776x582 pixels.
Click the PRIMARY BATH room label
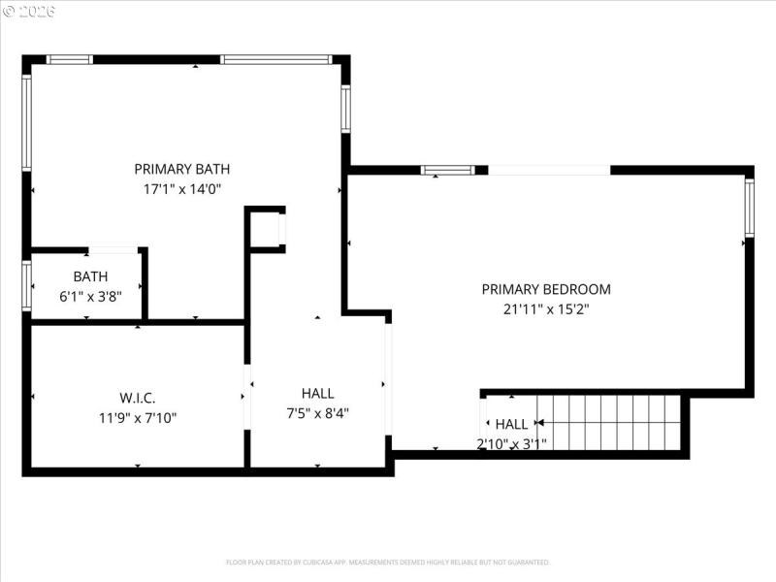[x=182, y=169]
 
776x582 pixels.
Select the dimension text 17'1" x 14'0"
[x=182, y=189]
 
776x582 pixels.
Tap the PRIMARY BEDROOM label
[x=546, y=289]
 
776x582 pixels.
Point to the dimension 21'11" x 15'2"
[x=546, y=309]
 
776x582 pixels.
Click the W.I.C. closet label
[x=138, y=398]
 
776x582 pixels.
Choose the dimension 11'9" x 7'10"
[x=138, y=418]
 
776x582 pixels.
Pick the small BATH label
[x=90, y=276]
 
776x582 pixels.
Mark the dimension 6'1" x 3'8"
[x=90, y=297]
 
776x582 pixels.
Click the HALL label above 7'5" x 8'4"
[x=317, y=393]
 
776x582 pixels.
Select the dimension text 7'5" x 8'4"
[x=317, y=413]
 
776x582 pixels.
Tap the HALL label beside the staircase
[x=511, y=424]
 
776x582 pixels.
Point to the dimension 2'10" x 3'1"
[x=511, y=444]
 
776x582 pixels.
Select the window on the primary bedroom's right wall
[x=749, y=208]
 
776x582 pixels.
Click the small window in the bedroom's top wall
[x=448, y=171]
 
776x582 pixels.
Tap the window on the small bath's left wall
[x=27, y=284]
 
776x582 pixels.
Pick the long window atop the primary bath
[x=276, y=59]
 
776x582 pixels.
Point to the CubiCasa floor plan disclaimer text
[x=388, y=562]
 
